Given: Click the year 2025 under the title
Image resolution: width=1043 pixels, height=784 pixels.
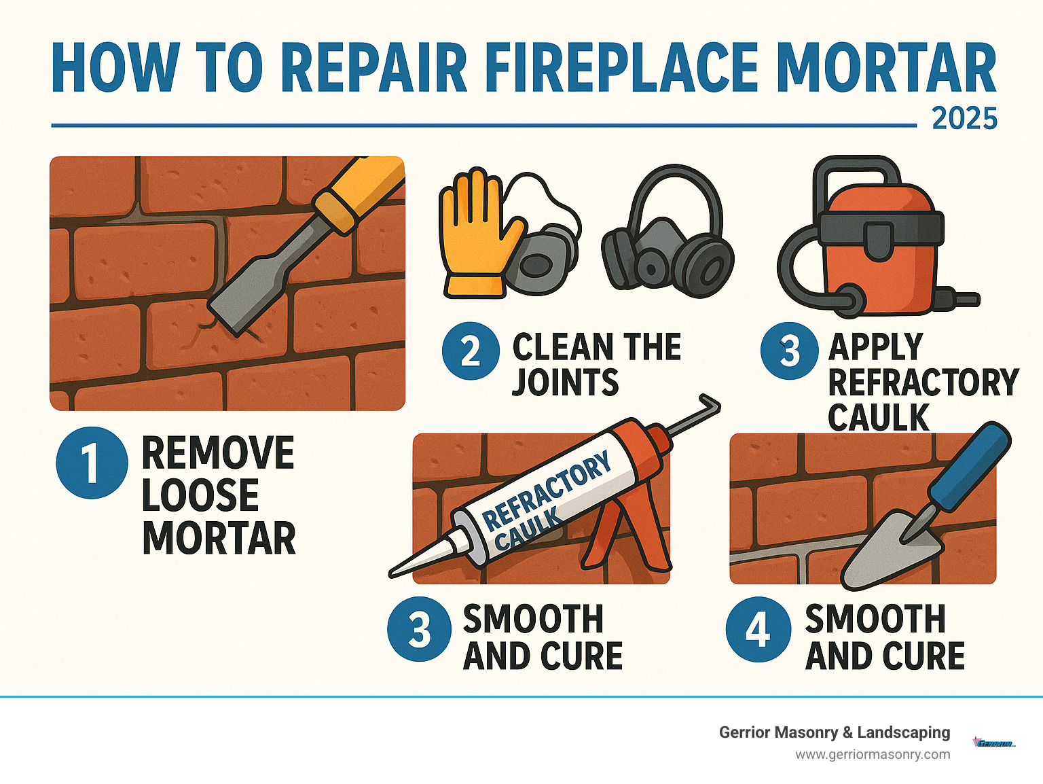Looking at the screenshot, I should point(964,119).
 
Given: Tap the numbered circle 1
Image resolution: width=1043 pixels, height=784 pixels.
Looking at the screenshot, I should point(92,463).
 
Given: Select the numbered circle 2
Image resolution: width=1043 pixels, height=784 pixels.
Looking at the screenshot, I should point(471,351).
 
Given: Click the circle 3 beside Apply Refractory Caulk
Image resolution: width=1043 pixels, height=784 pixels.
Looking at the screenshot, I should point(789,351).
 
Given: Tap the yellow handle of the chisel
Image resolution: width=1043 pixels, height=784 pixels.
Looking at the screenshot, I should point(360,190).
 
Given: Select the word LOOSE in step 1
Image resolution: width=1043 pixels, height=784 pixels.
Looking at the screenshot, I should point(200,495).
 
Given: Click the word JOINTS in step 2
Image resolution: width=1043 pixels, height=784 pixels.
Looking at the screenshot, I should point(565,382).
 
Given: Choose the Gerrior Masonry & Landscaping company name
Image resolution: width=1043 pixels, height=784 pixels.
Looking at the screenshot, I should point(835,732).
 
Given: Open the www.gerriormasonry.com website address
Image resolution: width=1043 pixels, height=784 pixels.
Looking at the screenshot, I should point(873,755).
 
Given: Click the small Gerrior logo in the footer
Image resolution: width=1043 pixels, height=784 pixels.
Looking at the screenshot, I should point(994,743).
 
